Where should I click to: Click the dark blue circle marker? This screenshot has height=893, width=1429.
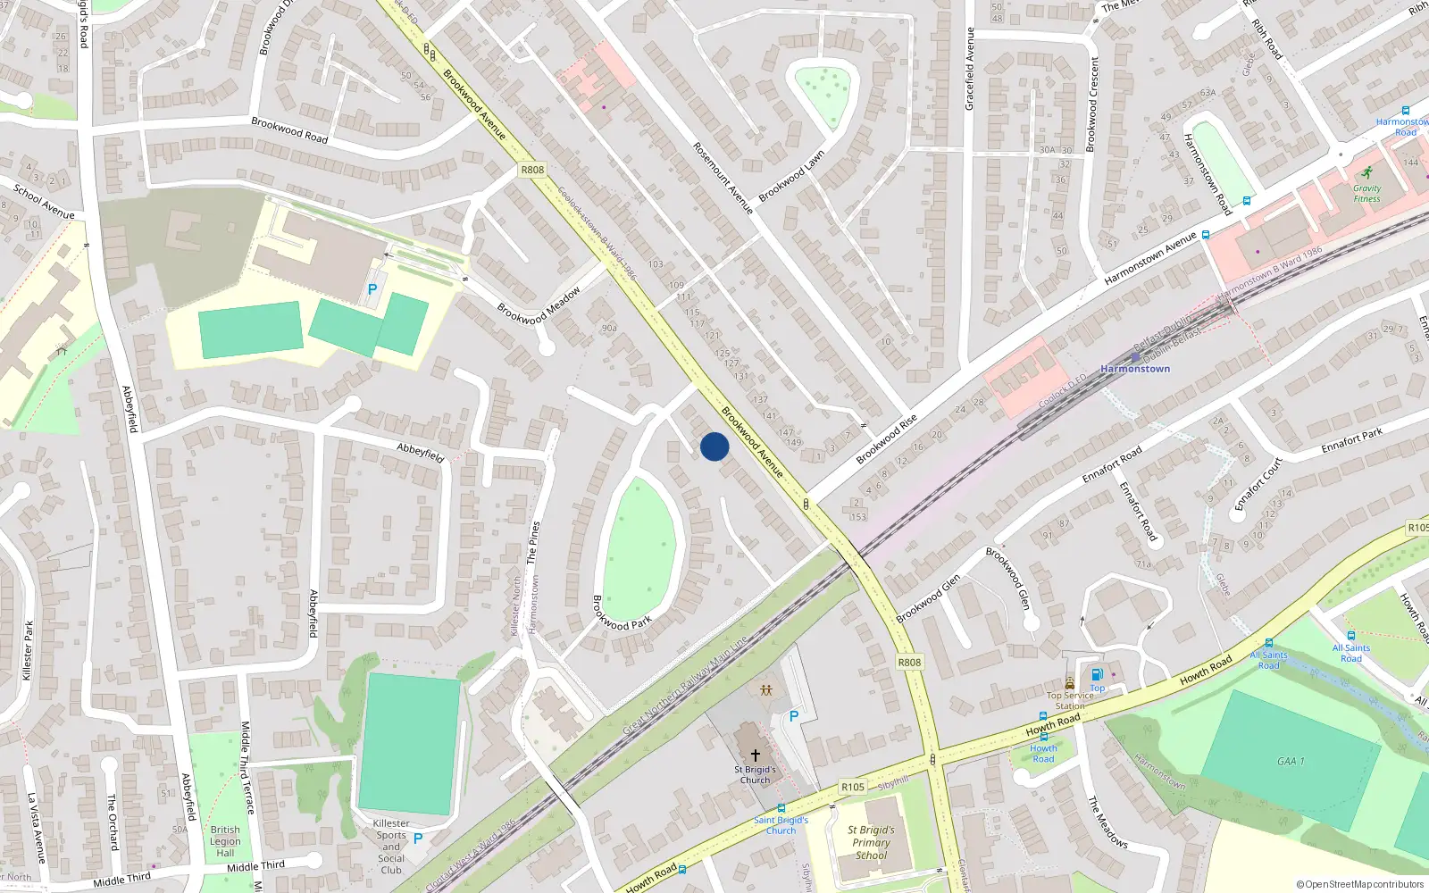coord(714,446)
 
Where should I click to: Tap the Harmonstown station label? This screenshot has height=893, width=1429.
coord(1135,368)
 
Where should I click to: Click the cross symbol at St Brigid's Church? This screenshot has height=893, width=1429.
coord(756,755)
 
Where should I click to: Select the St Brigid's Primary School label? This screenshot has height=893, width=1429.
coord(871,842)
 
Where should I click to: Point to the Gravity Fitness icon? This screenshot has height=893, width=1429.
coord(1366,172)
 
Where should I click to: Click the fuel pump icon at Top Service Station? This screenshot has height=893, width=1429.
coord(1097,674)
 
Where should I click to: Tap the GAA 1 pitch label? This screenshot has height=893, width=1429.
coord(1291,761)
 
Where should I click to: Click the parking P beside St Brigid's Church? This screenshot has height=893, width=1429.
coord(793,716)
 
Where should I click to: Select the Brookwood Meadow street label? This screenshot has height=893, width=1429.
coord(539,305)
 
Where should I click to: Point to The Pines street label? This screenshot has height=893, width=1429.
coord(533,542)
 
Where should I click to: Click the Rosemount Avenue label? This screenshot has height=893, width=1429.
coord(723,178)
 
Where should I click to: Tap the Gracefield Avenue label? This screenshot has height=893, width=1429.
coord(970,69)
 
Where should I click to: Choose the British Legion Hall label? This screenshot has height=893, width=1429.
coord(225,841)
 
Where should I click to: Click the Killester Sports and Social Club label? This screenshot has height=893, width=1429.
coord(391,847)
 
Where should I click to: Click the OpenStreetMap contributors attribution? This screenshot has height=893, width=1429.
coord(1360,885)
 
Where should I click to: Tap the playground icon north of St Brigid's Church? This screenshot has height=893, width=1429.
coord(766,689)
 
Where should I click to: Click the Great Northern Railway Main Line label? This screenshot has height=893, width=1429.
coord(685,685)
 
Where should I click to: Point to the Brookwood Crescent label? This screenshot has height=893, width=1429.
coord(1092,104)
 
